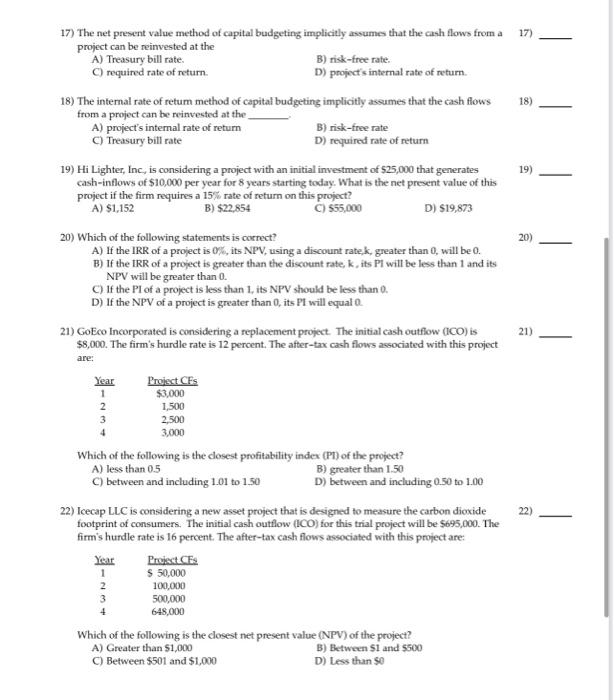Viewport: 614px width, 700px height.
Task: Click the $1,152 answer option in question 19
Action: pyautogui.click(x=117, y=207)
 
